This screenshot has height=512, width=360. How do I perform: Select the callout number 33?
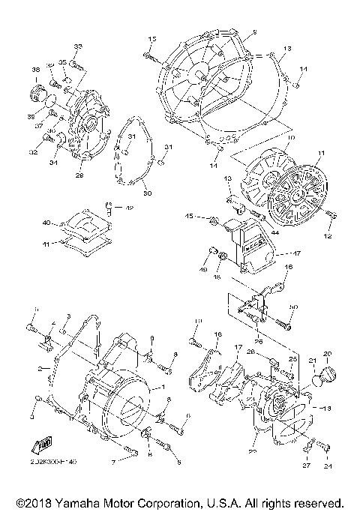pos(78,47)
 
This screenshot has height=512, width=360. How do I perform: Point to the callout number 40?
pos(45,223)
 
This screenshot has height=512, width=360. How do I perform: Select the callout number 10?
pos(290,138)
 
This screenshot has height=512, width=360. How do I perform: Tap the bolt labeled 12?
pos(331,215)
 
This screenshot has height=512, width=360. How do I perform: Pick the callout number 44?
pos(274,233)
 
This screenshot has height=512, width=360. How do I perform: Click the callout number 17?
pos(238,348)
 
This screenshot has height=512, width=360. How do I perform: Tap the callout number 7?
pos(114,463)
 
